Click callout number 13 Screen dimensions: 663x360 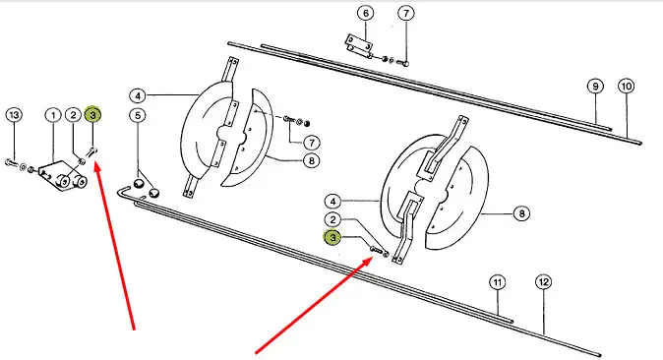click(x=15, y=115)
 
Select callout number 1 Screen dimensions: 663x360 click(x=53, y=115)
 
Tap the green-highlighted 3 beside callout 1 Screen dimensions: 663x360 click(x=93, y=115)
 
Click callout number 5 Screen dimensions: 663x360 click(x=138, y=115)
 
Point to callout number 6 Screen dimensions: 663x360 click(x=366, y=13)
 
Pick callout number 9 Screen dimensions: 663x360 click(x=595, y=87)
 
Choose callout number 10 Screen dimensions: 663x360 click(x=627, y=87)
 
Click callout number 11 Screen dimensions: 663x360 click(x=498, y=282)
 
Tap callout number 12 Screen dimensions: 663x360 click(x=544, y=281)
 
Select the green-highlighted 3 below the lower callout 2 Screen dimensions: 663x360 click(x=332, y=238)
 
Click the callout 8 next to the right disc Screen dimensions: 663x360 click(x=521, y=213)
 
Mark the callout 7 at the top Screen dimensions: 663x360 click(x=406, y=13)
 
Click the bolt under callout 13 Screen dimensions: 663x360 click(x=12, y=162)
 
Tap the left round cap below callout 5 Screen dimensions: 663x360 click(x=139, y=184)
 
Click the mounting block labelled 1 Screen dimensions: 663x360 click(x=63, y=176)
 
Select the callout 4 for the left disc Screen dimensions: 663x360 click(x=138, y=96)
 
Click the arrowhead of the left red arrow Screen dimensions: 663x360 click(x=96, y=163)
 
